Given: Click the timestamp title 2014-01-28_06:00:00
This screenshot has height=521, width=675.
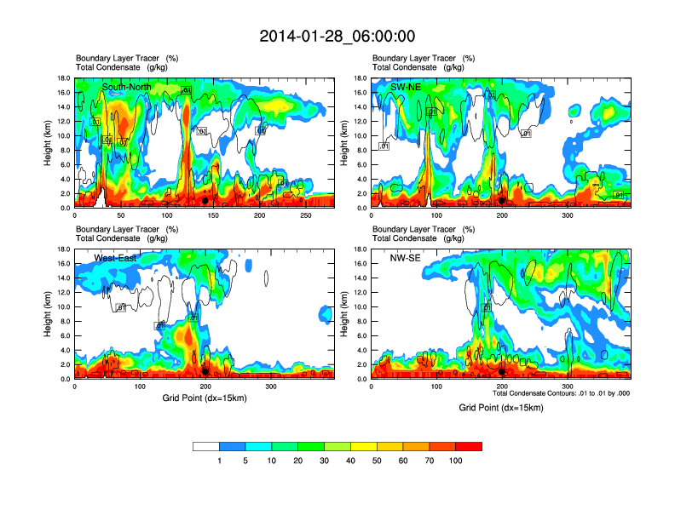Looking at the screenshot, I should click(337, 36).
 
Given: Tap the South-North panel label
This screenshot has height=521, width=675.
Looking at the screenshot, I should click(129, 87).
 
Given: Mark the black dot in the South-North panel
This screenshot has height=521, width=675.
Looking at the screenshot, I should click(205, 201).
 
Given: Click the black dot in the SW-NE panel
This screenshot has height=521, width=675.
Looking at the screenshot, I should click(502, 201).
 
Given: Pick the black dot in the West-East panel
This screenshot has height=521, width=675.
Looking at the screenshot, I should click(205, 371).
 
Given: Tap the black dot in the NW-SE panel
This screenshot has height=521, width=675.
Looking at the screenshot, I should click(502, 371).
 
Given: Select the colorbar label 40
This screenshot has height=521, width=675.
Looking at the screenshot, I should click(350, 461).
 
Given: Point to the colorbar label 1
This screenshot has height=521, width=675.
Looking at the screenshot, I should click(219, 461).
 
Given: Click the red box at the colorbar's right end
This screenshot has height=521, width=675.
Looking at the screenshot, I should click(469, 446).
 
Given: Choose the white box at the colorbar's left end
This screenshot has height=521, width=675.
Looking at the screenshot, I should click(205, 446).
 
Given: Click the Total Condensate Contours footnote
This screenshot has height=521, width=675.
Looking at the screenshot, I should click(561, 394).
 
